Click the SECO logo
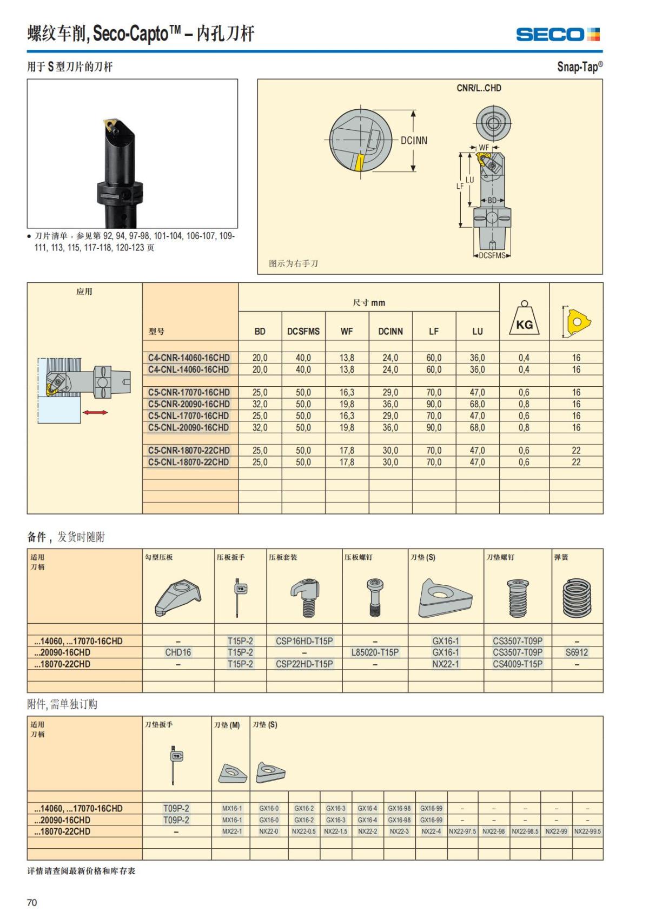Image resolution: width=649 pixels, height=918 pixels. (558, 35)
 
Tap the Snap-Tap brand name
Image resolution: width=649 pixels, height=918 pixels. (580, 67)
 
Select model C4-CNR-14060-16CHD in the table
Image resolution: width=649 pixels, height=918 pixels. (189, 358)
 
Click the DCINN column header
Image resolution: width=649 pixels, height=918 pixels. (390, 331)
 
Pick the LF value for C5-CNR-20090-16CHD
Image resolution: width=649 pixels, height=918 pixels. (434, 404)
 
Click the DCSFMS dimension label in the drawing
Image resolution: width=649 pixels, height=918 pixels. (492, 255)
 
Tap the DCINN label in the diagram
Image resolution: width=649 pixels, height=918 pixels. (414, 141)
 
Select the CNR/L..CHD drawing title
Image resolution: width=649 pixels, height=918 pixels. (479, 88)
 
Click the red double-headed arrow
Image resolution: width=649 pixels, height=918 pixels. (95, 412)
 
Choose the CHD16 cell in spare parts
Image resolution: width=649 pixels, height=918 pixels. (178, 652)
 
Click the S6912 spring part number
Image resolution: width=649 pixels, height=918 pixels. (577, 652)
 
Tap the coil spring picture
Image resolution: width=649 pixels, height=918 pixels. (577, 598)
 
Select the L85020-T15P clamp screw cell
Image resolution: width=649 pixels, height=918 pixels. (375, 652)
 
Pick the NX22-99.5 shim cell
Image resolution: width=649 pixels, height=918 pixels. (587, 831)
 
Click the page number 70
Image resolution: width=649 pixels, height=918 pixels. (32, 902)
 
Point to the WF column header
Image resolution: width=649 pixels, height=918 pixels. (347, 331)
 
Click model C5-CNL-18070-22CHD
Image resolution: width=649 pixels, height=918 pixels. (189, 463)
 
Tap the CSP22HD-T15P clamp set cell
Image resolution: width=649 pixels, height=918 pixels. (304, 664)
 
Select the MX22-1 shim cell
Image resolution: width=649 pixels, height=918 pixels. (232, 831)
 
